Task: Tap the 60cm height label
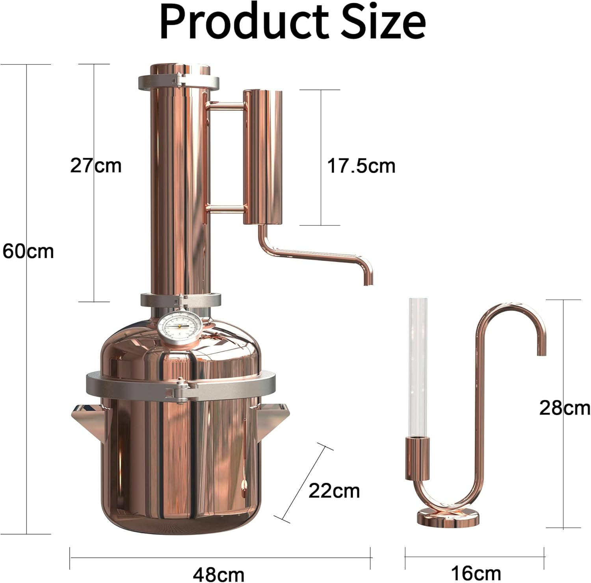(28, 251)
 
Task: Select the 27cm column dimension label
(96, 165)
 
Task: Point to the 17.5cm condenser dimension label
(361, 166)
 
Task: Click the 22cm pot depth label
(334, 491)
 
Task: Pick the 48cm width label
(219, 574)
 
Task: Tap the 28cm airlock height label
(564, 408)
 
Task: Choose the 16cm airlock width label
(476, 574)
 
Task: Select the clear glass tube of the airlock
(418, 366)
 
